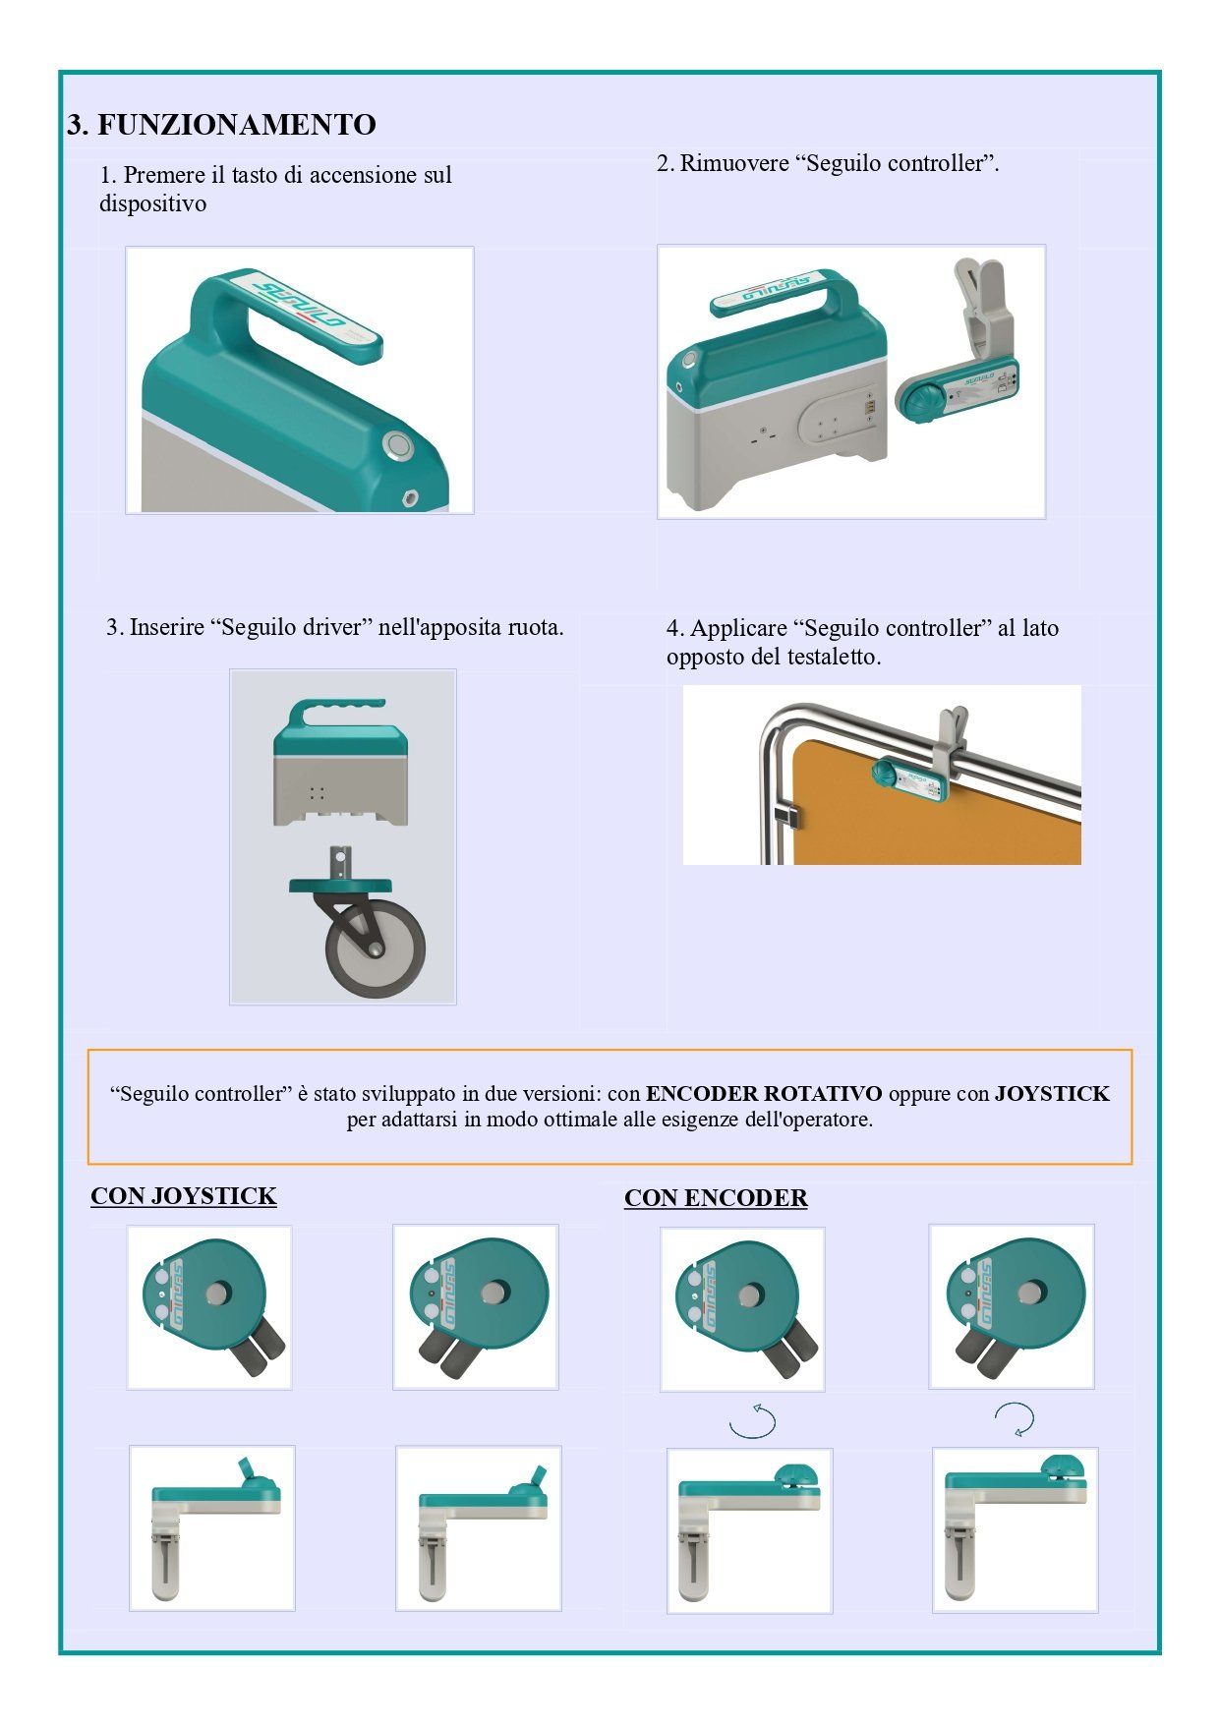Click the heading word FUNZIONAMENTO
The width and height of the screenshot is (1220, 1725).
(236, 125)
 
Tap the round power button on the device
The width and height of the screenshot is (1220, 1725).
(399, 446)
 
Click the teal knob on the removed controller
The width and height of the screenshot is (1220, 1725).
(924, 401)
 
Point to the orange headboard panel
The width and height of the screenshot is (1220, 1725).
(934, 806)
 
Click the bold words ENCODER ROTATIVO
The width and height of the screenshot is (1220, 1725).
(764, 1094)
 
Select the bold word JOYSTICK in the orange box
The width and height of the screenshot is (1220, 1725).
(1052, 1094)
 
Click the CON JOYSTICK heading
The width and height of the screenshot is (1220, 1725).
(184, 1196)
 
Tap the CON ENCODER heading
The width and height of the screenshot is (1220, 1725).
(716, 1198)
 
